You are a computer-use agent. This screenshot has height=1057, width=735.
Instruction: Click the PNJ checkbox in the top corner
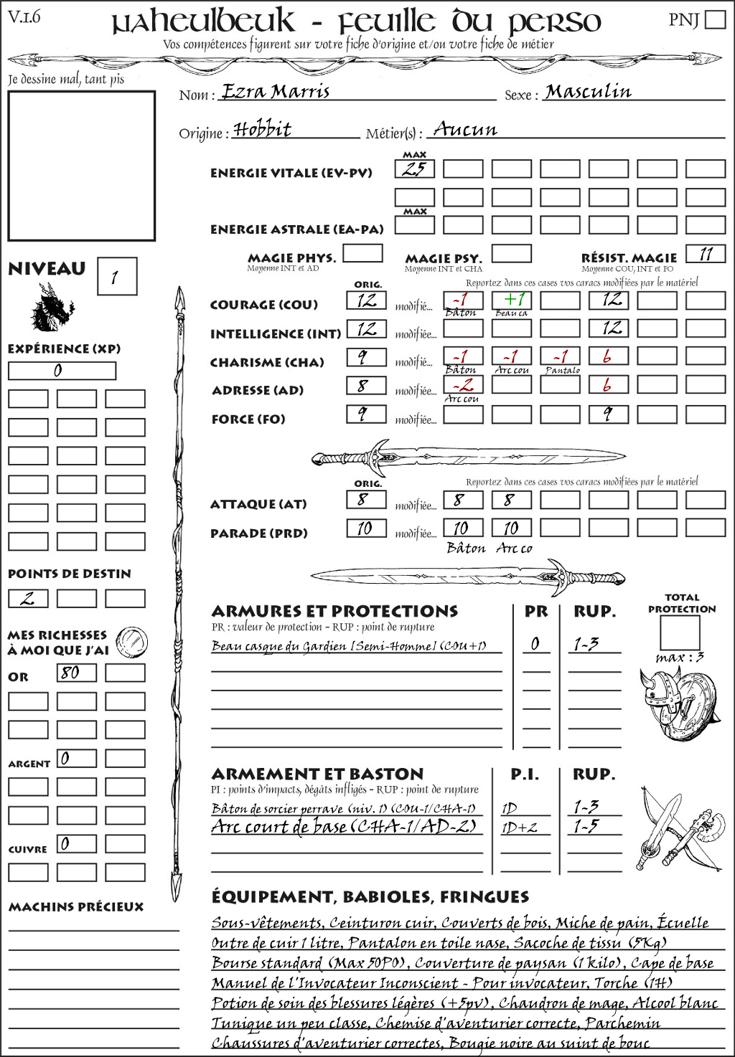[716, 19]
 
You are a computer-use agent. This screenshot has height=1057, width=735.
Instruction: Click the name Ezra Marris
[276, 92]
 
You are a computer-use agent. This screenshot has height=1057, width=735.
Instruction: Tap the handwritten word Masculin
[589, 92]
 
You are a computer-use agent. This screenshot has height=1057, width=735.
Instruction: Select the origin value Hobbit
[263, 130]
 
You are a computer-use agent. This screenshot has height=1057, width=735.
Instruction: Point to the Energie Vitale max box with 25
[414, 169]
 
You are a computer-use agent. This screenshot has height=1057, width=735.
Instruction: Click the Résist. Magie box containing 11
[706, 254]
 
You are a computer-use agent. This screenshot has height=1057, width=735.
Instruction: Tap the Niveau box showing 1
[116, 277]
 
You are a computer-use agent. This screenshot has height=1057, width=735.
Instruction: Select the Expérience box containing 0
[62, 371]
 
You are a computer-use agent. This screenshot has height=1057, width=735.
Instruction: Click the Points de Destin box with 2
[28, 598]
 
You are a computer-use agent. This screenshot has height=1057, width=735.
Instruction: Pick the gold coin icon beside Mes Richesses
[132, 641]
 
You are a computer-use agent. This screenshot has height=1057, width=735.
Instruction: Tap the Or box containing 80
[76, 673]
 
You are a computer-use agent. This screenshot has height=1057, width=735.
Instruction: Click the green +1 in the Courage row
[512, 299]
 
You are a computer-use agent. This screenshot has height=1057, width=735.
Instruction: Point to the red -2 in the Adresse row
[463, 384]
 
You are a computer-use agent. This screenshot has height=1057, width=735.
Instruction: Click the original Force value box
[366, 414]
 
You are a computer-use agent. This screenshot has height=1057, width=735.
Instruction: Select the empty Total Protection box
[680, 632]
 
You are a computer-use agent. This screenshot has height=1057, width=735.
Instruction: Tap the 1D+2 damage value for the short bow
[519, 827]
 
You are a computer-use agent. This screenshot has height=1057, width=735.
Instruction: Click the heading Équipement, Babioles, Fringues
[370, 896]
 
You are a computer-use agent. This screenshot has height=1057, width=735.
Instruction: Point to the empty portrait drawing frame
[82, 166]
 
